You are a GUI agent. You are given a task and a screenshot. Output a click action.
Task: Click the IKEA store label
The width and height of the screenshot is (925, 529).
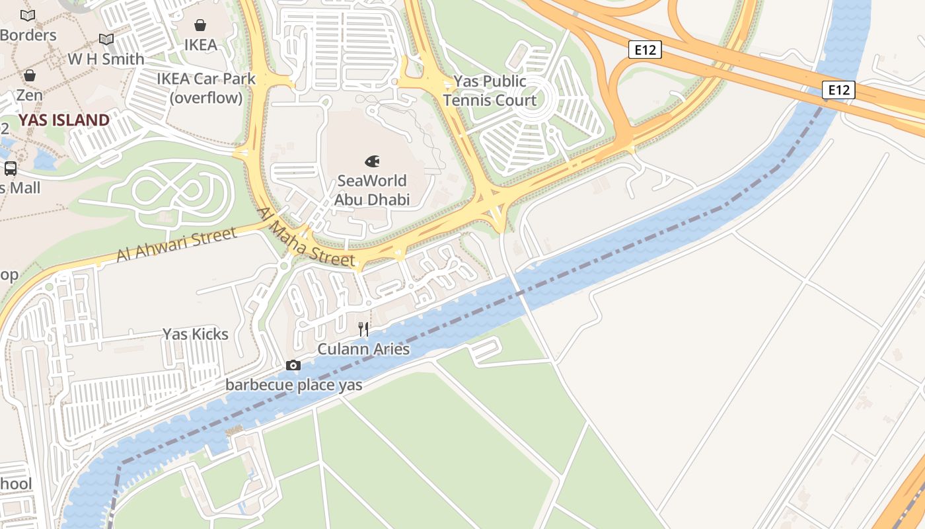[x=200, y=45]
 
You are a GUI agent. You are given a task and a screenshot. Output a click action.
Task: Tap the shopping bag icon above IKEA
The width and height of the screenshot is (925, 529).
[x=200, y=25]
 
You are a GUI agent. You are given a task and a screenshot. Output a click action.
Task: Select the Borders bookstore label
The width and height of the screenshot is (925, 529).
[x=28, y=35]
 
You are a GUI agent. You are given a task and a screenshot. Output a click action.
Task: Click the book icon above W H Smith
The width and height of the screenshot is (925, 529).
[x=106, y=39]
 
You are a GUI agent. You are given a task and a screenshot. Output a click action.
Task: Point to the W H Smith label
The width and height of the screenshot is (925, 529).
[x=106, y=59]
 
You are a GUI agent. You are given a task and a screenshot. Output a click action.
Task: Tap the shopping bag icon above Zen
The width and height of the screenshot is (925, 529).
[x=29, y=75]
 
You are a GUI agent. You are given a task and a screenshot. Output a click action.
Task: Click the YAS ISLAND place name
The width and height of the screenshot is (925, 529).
[x=63, y=120]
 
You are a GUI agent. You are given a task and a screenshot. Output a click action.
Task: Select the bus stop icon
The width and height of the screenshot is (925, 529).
[x=11, y=168]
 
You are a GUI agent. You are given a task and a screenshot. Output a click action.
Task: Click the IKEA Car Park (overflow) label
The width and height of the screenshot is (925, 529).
[x=205, y=88]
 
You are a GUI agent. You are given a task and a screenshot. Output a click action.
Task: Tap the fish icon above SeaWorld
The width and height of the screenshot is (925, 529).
[x=372, y=161]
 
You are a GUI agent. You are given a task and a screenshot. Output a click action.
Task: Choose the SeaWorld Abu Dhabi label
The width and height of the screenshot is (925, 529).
[x=372, y=190]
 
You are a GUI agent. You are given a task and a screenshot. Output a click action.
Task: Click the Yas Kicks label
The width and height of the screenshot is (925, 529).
[x=196, y=334]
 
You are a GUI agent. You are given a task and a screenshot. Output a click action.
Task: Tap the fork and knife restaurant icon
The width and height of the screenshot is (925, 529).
[x=363, y=329]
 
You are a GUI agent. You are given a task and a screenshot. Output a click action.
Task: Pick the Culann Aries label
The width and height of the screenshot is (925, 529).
[x=363, y=349]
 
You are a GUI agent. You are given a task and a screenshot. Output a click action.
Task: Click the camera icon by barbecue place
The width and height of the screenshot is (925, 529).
[x=293, y=365]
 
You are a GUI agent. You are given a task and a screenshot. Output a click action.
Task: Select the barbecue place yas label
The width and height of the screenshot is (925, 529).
[x=293, y=384]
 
